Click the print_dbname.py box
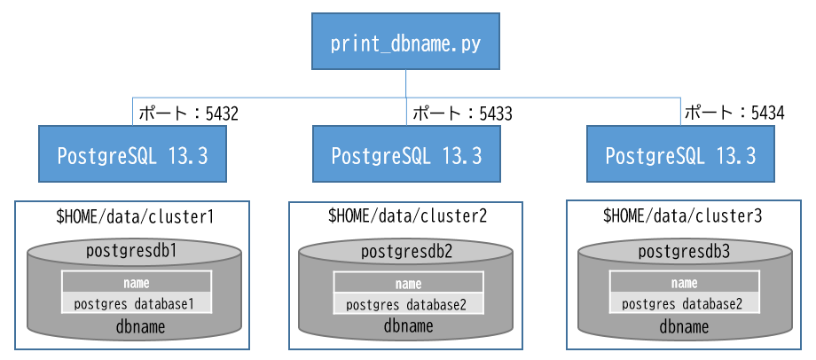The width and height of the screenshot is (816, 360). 405,42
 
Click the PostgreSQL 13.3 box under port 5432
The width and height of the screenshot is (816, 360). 132,155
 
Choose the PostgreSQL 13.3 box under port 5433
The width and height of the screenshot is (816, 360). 406,155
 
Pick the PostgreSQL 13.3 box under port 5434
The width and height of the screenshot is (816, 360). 680,155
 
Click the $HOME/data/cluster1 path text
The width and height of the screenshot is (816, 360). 135,215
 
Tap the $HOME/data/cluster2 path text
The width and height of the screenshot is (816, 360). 407,215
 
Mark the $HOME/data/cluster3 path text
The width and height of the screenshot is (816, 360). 682,215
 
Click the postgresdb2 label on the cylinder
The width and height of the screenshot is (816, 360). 407,252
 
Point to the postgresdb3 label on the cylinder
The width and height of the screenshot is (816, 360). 684,252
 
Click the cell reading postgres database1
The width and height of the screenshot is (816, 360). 135,304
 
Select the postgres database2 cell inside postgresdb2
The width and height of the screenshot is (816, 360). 407,304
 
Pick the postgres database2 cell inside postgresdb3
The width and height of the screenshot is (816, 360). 684,304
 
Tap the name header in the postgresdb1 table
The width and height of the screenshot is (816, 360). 135,284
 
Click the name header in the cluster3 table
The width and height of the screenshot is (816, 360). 684,284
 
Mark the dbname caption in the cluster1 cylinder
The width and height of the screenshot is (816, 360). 136,327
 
